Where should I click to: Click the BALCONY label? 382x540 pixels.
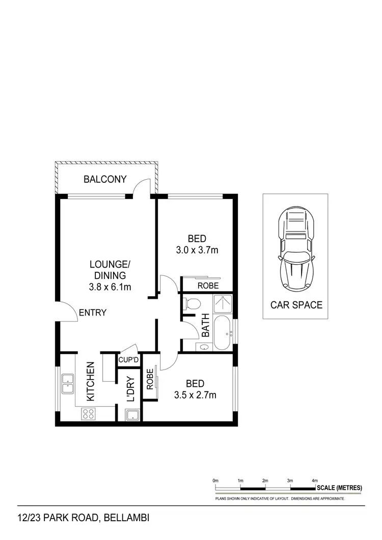[x=105, y=179]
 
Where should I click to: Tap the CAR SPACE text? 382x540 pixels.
[x=296, y=305]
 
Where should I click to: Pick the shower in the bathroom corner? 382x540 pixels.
[x=222, y=304]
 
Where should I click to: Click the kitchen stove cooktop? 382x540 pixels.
[x=88, y=414]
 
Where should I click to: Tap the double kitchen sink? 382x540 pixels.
[x=67, y=384]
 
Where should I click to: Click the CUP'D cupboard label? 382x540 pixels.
[x=129, y=360]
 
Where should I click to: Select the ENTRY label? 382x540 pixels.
[x=93, y=312]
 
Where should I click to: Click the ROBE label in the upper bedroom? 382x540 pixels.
[x=208, y=286]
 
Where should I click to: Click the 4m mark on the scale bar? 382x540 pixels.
[x=315, y=480]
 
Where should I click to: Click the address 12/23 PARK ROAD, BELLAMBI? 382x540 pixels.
[x=84, y=519]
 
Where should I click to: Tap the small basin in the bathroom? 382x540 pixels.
[x=203, y=347]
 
